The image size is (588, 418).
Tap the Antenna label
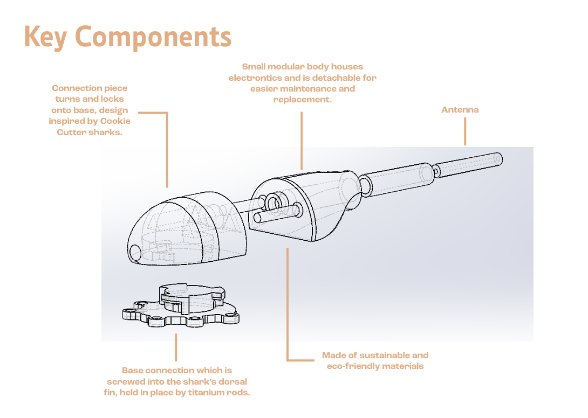tap(460, 110)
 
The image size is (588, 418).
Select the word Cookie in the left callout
tap(115, 121)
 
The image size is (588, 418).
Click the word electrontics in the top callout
tap(255, 78)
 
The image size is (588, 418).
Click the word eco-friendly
tap(350, 366)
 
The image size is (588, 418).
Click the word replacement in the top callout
tap(302, 100)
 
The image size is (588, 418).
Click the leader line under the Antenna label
tap(465, 131)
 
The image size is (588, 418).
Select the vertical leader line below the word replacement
tap(302, 141)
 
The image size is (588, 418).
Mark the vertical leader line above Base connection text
tap(175, 347)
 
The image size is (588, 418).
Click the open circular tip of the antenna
tap(497, 159)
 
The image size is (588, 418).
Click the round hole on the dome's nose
tap(135, 253)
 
